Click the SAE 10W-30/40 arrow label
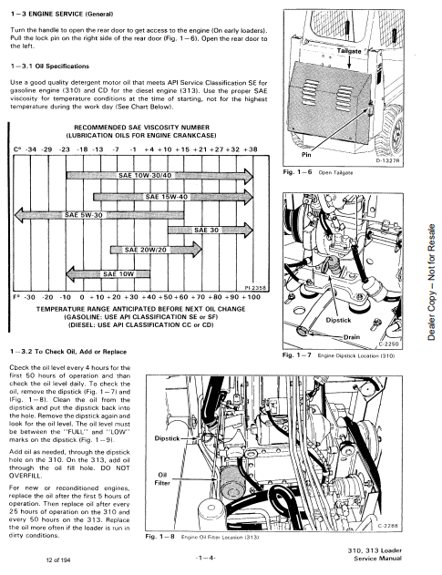145,175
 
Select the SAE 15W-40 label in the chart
166,197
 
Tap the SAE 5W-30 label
84,215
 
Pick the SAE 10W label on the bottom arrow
118,274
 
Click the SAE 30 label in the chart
206,231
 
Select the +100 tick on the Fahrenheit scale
252,297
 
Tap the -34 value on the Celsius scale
31,149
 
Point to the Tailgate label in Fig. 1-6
349,51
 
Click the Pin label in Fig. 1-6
306,155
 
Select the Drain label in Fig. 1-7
352,337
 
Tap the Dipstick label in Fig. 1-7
338,320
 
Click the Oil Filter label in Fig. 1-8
162,479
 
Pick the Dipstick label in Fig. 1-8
168,438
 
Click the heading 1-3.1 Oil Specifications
50,67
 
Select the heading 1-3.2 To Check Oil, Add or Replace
68,352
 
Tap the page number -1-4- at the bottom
206,558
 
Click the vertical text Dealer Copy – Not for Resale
432,282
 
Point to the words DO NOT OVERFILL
69,472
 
